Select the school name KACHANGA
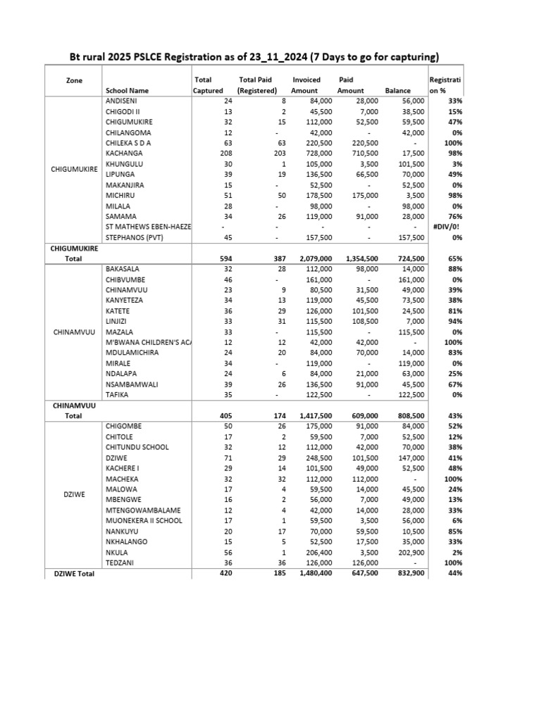click(124, 153)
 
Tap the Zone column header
click(74, 80)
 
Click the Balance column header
click(397, 91)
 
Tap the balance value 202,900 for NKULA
click(409, 552)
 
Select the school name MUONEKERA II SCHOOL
click(144, 520)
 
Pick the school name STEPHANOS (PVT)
click(134, 237)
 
